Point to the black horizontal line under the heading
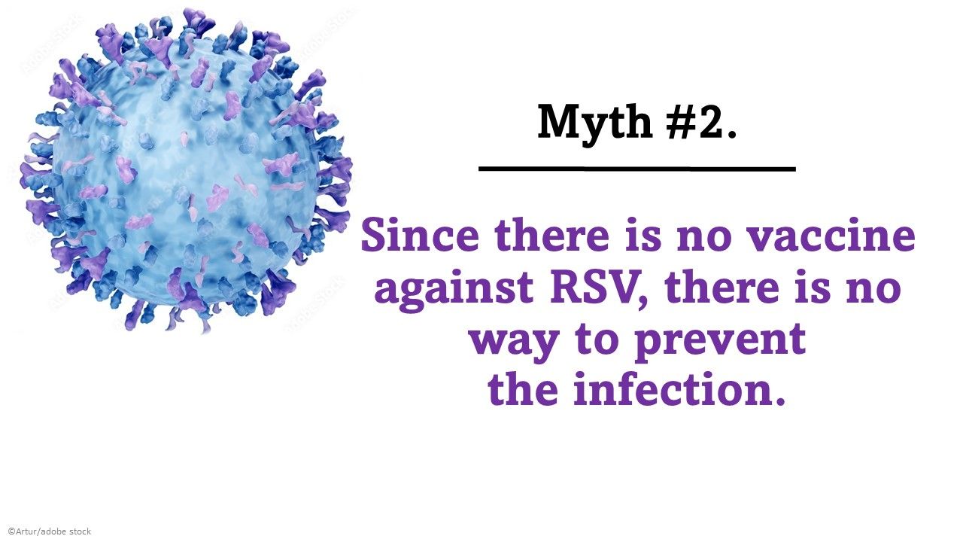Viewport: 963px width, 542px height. (x=636, y=169)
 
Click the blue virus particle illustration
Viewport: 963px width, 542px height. (x=184, y=169)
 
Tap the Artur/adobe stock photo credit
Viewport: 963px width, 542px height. (x=50, y=531)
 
